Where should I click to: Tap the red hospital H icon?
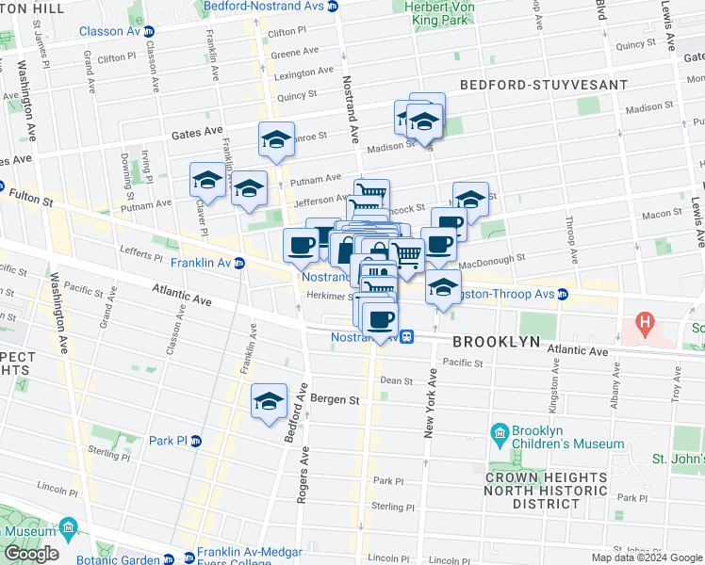tap(645, 325)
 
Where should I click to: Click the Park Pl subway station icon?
tap(196, 441)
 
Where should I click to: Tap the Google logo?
tap(31, 554)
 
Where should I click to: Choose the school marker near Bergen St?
tap(269, 402)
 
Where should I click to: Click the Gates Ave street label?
tap(196, 135)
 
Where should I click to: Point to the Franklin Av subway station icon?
tap(239, 263)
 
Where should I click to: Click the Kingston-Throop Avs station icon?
tap(562, 294)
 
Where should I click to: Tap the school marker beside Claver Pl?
tap(207, 180)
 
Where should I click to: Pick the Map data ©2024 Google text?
tap(646, 557)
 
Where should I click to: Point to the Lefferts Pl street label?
tap(142, 251)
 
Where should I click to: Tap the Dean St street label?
tap(396, 381)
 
